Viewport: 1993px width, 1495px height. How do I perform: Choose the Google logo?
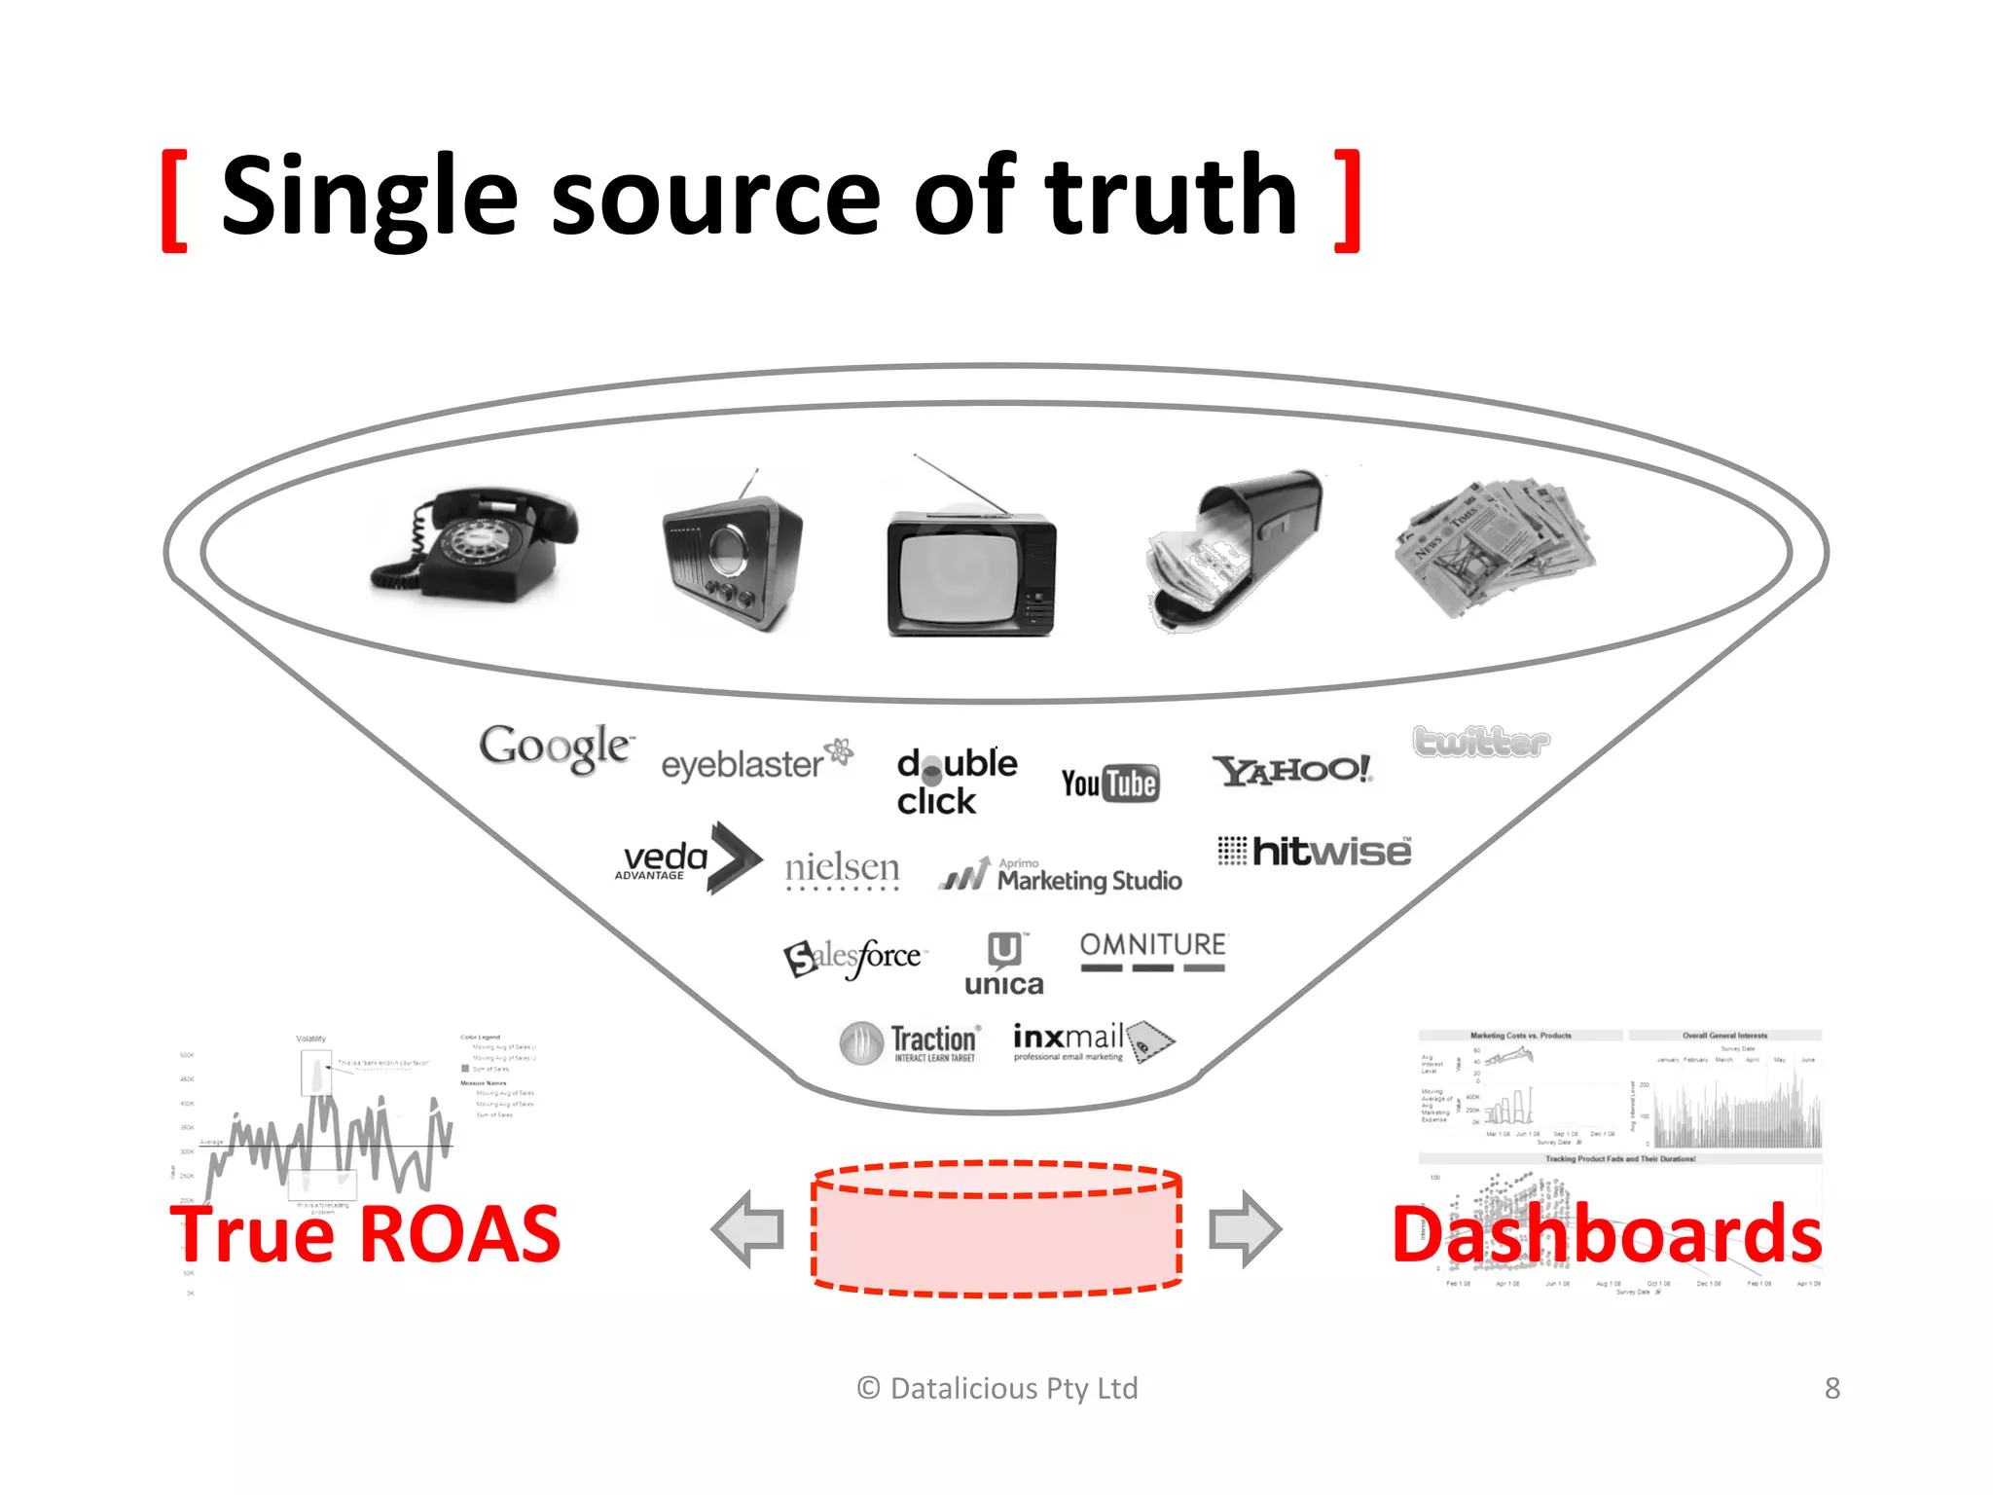(556, 747)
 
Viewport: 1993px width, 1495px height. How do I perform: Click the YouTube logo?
(1109, 784)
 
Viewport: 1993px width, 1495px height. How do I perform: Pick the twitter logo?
(1481, 743)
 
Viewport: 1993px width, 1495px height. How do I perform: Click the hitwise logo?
(1315, 852)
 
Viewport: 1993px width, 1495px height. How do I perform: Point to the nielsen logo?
(842, 868)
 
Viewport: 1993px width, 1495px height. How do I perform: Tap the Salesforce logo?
(854, 958)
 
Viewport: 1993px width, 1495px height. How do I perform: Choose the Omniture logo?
(1153, 951)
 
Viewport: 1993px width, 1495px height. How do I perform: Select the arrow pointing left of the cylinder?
(748, 1229)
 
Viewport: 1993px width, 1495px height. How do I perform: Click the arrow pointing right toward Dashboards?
(1245, 1229)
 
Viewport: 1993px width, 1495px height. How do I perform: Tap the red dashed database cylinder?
(996, 1229)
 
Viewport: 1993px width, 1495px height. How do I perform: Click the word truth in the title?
(1172, 197)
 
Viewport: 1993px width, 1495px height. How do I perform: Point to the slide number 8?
(1832, 1388)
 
